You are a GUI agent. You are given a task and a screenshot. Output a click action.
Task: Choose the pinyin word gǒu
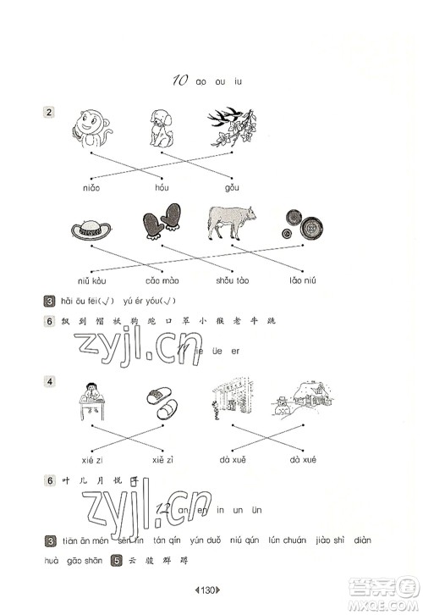pyautogui.click(x=232, y=186)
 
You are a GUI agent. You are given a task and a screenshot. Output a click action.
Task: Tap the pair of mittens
pyautogui.click(x=162, y=222)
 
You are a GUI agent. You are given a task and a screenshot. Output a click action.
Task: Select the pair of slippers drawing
pyautogui.click(x=162, y=398)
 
